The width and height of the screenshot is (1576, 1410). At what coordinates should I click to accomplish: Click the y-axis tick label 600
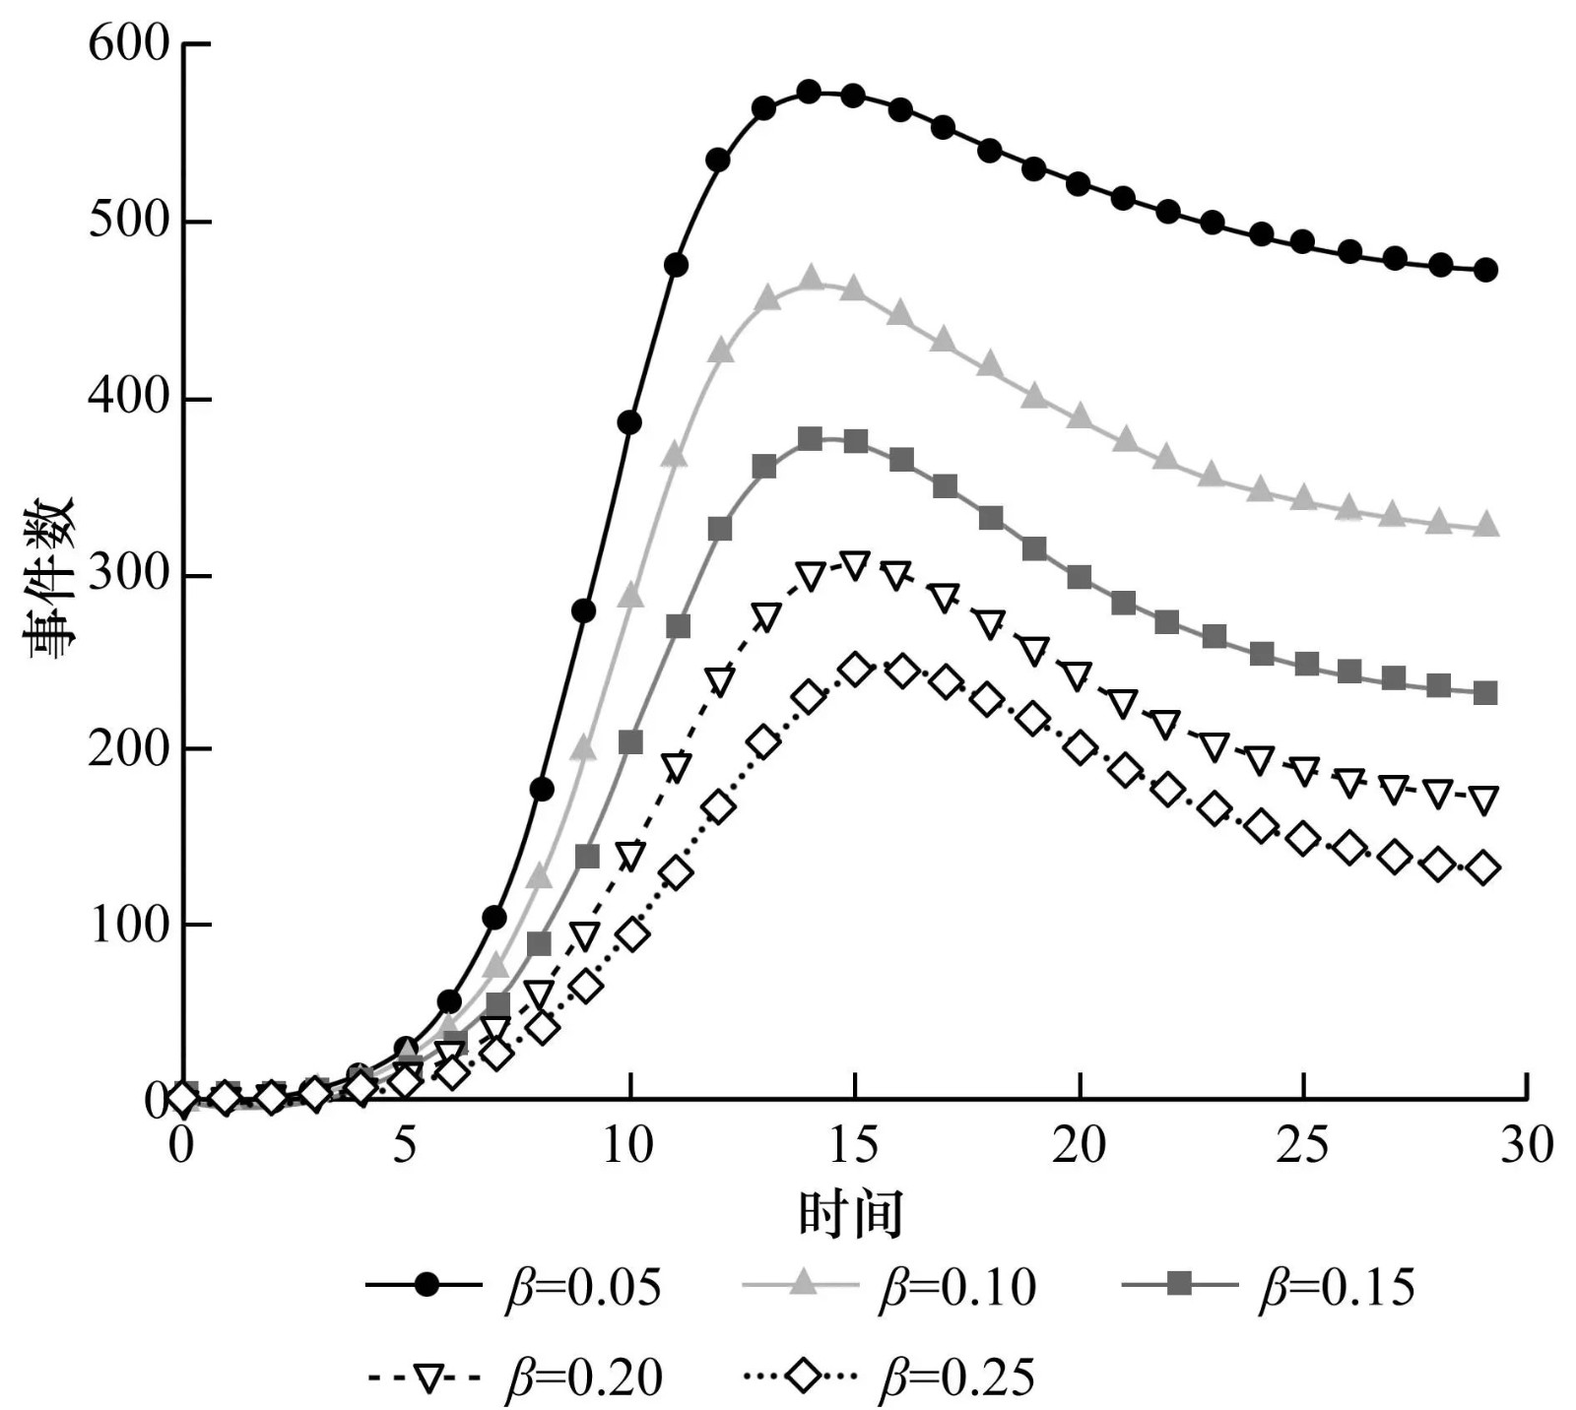click(129, 44)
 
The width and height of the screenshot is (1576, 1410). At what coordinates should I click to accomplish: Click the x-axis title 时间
click(850, 1214)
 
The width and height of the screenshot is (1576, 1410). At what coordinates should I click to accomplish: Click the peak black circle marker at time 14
click(809, 93)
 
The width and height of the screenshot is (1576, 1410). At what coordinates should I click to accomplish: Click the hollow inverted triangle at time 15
click(855, 565)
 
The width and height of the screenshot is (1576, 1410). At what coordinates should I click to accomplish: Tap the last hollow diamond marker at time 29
click(1484, 868)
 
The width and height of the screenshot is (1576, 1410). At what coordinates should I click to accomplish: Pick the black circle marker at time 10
click(629, 422)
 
